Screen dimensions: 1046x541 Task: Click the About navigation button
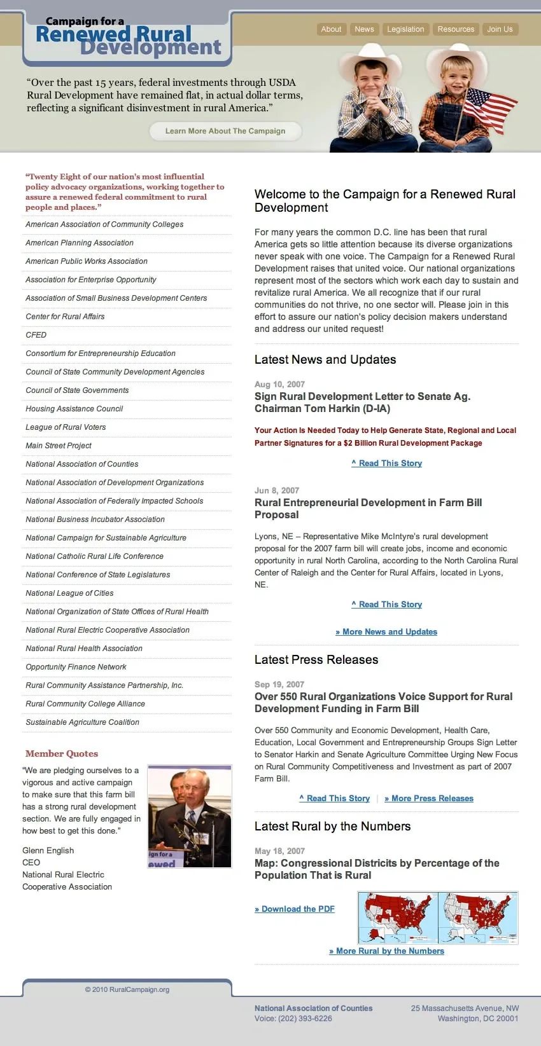(x=331, y=29)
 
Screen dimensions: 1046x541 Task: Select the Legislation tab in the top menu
(x=405, y=29)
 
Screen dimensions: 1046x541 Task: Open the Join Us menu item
(x=500, y=29)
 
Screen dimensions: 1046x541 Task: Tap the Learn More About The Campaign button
(x=225, y=131)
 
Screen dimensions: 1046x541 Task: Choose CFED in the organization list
(x=36, y=335)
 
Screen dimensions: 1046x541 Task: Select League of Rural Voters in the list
(x=66, y=427)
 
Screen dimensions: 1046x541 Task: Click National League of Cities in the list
(x=69, y=593)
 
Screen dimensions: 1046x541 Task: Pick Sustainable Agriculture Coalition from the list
(x=82, y=722)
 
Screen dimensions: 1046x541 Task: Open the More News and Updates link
(x=386, y=632)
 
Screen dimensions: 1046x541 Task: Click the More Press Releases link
(x=429, y=799)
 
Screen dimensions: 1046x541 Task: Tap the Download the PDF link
(x=295, y=909)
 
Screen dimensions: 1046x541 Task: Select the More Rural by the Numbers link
(x=386, y=951)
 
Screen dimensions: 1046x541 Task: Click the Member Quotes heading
(x=62, y=754)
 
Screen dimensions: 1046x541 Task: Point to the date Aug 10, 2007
(x=279, y=385)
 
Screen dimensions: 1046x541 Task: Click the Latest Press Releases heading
(x=316, y=660)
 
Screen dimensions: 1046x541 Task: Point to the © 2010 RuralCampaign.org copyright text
(x=127, y=990)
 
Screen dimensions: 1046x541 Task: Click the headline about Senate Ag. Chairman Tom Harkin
(x=362, y=403)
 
